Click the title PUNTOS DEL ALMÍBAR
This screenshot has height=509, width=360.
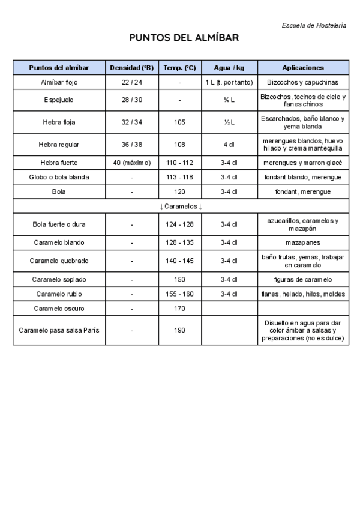point(184,38)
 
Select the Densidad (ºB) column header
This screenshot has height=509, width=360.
point(132,68)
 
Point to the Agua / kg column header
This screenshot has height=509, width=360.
point(229,68)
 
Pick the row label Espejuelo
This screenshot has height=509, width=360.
point(59,100)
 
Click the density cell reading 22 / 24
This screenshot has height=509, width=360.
point(132,82)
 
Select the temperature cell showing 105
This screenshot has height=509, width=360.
point(179,122)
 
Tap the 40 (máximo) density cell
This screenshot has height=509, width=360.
point(132,163)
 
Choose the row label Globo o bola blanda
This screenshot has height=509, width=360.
point(59,177)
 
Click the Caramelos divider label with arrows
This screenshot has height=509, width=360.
point(181,206)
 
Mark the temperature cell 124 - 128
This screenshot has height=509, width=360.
point(179,224)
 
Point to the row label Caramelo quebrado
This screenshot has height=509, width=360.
point(59,261)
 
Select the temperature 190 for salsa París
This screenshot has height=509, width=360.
point(179,330)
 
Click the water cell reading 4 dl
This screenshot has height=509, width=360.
point(229,145)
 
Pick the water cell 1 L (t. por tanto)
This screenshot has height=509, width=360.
point(229,82)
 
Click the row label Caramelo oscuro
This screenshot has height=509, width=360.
point(59,309)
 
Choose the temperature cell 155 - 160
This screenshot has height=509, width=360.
point(179,294)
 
